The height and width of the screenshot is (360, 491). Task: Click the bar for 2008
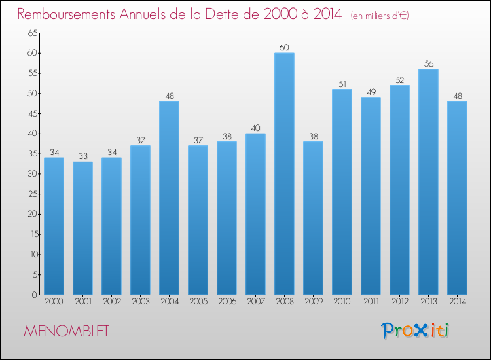(284, 173)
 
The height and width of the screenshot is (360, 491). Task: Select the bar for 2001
(82, 228)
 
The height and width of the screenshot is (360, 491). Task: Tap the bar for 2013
(428, 182)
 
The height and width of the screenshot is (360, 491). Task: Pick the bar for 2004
(169, 198)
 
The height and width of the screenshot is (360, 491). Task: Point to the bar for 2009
(313, 218)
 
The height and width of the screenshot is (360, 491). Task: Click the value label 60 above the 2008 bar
(284, 48)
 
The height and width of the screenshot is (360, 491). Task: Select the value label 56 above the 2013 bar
(429, 64)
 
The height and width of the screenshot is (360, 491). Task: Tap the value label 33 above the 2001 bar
(83, 156)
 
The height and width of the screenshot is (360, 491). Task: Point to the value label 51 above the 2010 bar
(342, 84)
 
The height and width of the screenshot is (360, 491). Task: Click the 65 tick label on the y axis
(33, 33)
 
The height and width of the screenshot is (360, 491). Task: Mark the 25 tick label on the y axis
(33, 194)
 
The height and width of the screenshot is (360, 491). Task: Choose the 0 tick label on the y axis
(35, 295)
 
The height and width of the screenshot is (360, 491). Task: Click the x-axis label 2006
(227, 302)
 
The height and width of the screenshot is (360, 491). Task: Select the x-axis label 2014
(458, 302)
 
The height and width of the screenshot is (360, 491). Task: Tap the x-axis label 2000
(54, 302)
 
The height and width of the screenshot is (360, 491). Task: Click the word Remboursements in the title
(66, 14)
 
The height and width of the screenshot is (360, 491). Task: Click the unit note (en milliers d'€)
(380, 16)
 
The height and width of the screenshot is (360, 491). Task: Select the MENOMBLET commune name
(66, 331)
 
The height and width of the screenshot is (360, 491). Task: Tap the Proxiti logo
(415, 331)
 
